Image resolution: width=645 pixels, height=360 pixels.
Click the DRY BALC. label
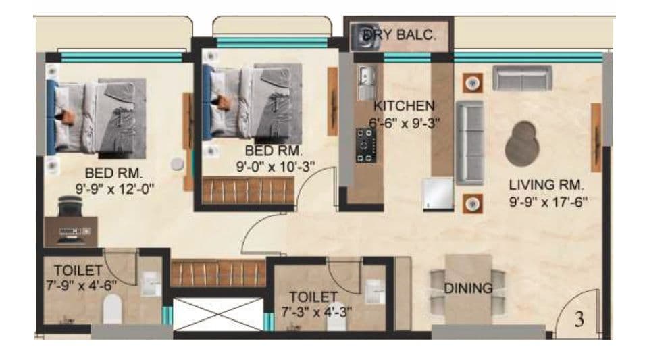(x=399, y=35)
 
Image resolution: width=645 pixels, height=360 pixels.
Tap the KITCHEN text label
(x=404, y=106)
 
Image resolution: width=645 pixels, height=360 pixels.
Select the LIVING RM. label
(x=546, y=184)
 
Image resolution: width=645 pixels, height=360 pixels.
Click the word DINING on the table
(x=468, y=288)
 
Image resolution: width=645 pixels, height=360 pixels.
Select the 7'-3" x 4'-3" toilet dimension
(x=316, y=312)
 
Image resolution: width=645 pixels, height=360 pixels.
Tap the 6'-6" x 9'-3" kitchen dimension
(x=402, y=123)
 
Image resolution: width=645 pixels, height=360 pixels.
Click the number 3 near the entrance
(x=579, y=320)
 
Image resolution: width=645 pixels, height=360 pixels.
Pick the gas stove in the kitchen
(x=365, y=145)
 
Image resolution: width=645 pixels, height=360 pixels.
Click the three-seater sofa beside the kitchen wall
(x=470, y=143)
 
